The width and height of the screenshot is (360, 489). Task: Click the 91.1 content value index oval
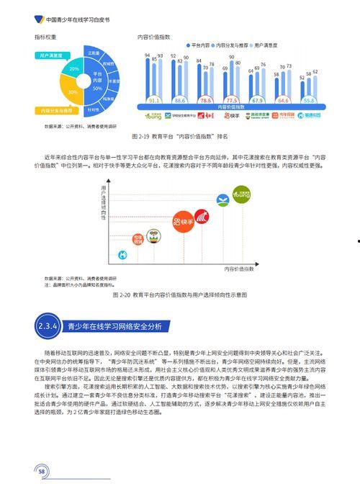152,100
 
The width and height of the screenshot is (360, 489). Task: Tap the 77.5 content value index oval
231,100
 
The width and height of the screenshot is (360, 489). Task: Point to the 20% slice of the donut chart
73,68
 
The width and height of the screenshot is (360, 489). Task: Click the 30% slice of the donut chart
73,92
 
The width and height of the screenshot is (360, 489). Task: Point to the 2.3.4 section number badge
48,326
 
